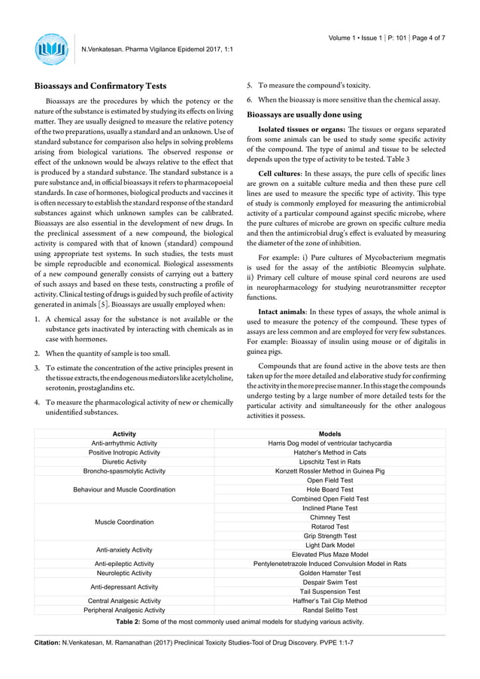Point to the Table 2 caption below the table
click(x=239, y=622)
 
